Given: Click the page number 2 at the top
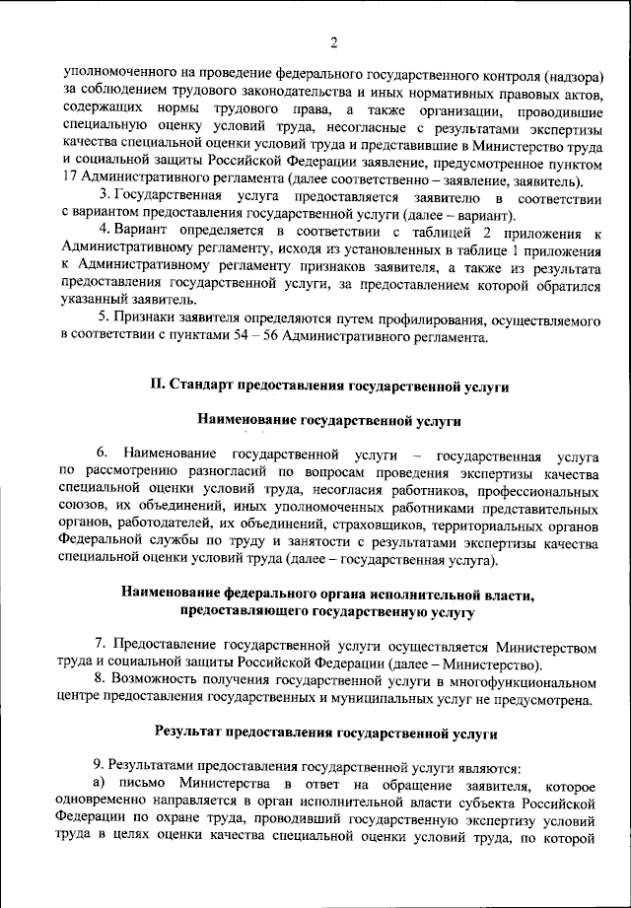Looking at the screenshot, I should point(333,42).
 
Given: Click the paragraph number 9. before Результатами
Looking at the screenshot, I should point(98,765).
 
